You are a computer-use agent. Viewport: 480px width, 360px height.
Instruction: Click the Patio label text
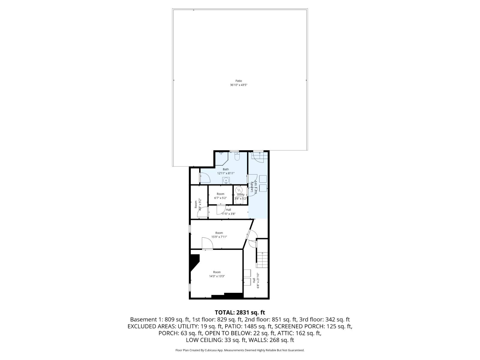pos(238,81)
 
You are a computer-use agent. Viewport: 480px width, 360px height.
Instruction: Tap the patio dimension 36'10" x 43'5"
pos(238,85)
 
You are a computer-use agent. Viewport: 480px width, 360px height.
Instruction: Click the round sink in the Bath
pos(226,180)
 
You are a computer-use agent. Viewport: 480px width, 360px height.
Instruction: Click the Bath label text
pos(226,169)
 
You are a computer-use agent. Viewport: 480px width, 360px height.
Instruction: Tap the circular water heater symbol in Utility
pos(239,190)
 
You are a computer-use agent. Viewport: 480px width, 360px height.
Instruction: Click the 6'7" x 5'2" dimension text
pos(220,198)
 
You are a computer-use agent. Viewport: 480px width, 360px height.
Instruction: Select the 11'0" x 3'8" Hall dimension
pos(228,214)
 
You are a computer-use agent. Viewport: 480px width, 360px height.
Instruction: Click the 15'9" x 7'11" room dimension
pos(219,237)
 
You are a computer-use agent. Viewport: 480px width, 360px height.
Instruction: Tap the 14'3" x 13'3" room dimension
pos(217,276)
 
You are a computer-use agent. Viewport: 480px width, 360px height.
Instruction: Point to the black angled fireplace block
pos(194,262)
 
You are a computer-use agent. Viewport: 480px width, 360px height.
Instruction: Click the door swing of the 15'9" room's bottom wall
pos(207,243)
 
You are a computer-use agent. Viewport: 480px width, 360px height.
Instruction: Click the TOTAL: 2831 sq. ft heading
pos(240,313)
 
